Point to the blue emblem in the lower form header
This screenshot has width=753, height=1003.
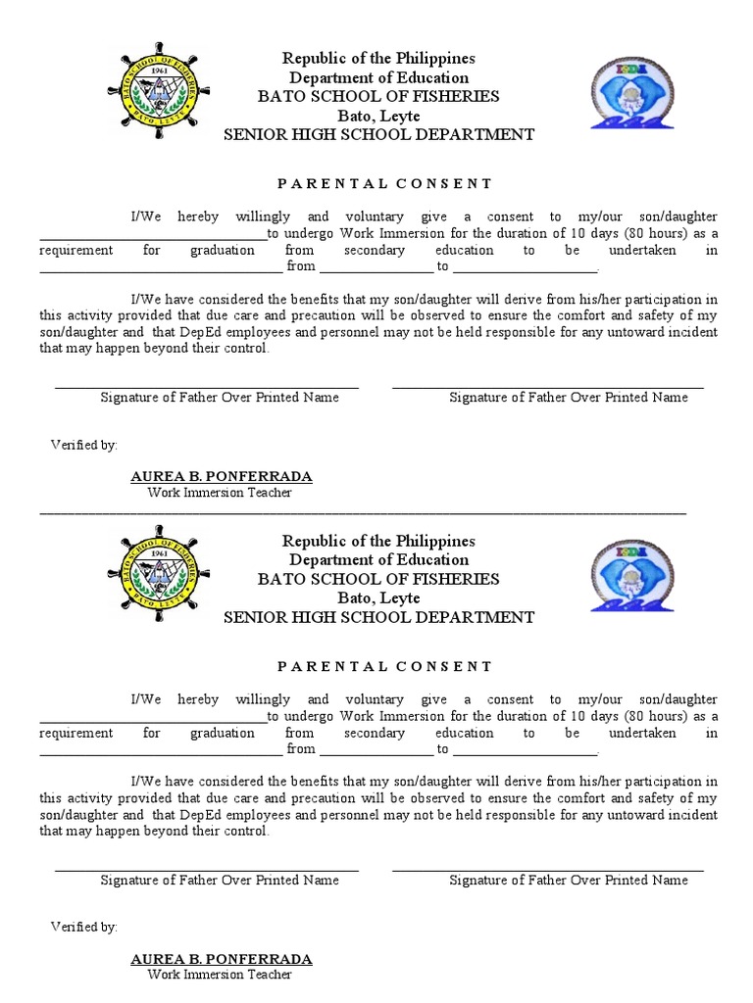(x=631, y=576)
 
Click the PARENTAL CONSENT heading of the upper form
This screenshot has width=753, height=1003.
(x=384, y=183)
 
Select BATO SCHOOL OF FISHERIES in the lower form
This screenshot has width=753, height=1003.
(x=378, y=579)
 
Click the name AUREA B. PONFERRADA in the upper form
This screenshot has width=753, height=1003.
(x=222, y=477)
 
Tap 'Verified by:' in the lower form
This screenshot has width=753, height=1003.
(x=84, y=927)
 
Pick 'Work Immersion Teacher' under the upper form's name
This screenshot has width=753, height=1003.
(x=220, y=493)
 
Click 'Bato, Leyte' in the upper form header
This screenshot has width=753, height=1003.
(x=378, y=116)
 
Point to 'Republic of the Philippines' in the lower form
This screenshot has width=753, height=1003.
(x=378, y=541)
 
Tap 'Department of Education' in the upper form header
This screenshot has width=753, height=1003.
(x=378, y=77)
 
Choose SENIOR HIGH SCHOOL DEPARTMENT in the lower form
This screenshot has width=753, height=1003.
(x=378, y=617)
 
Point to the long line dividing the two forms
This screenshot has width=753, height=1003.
(x=363, y=512)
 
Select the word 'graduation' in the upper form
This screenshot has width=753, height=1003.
(x=223, y=250)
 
